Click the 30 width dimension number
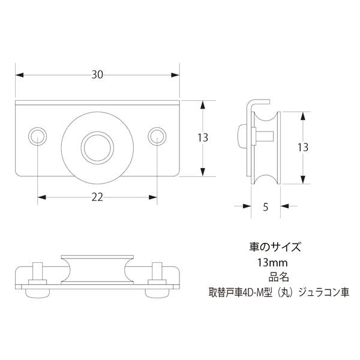coord(97,75)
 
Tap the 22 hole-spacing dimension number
coord(97,196)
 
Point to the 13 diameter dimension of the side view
coord(302,147)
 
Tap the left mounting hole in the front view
coord(38,136)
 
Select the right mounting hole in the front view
coord(157,136)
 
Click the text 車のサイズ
coord(274,247)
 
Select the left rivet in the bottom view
coord(35,273)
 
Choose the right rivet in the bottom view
coord(158,273)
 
